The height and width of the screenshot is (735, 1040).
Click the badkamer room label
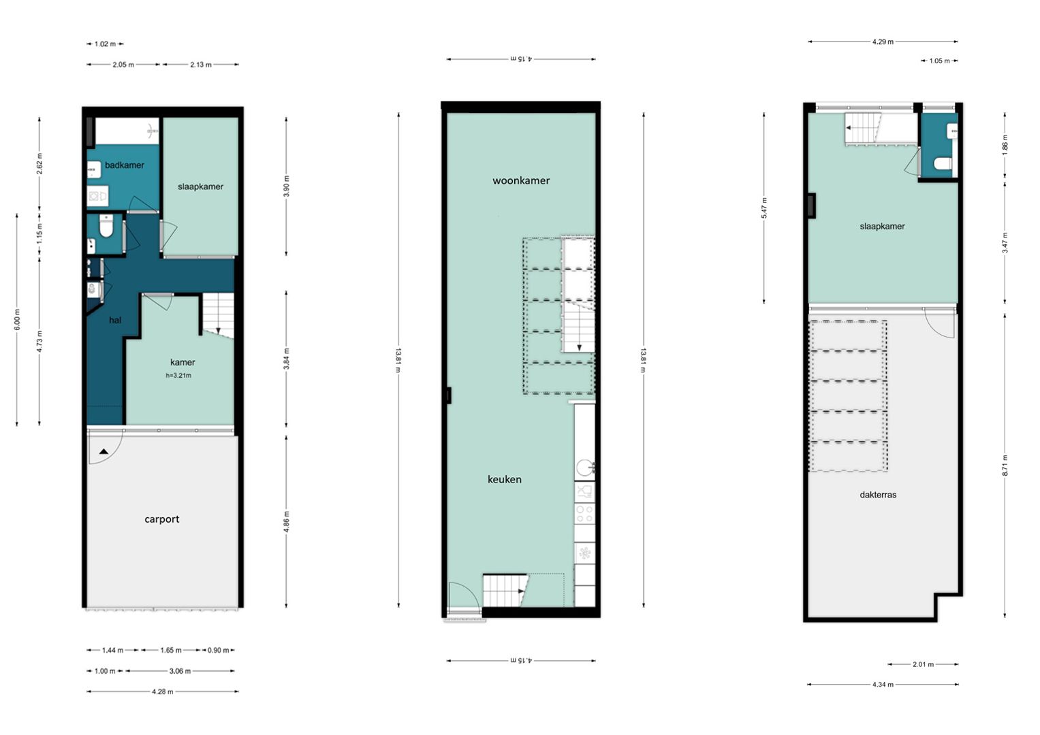(125, 165)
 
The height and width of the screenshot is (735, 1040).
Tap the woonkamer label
(521, 180)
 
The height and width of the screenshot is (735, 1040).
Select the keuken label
(504, 479)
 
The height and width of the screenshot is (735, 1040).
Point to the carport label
(161, 519)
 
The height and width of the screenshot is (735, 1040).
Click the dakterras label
(878, 495)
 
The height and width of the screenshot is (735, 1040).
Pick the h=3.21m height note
(178, 376)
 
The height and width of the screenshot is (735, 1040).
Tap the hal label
(115, 320)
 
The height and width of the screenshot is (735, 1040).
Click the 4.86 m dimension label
(287, 521)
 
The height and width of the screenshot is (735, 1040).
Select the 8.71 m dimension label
(1005, 465)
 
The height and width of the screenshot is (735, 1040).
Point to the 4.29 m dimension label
(883, 42)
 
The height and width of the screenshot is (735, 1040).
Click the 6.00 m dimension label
(17, 320)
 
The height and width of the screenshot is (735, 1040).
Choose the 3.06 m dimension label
(180, 671)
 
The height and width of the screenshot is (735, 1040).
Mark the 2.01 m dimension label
(923, 664)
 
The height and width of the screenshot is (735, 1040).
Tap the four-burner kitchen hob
(584, 514)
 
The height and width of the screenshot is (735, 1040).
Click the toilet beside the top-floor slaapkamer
(943, 164)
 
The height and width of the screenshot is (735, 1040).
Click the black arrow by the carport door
(104, 451)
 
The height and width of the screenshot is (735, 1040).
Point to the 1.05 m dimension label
(939, 61)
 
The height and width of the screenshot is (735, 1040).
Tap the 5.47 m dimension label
(764, 208)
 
